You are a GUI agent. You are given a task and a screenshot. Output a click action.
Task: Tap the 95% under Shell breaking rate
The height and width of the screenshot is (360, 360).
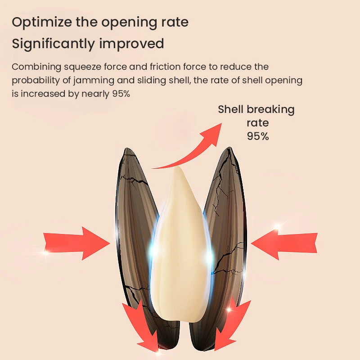coord(257,136)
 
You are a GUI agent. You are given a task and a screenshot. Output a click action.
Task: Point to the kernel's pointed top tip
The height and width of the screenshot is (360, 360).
coord(179,169)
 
